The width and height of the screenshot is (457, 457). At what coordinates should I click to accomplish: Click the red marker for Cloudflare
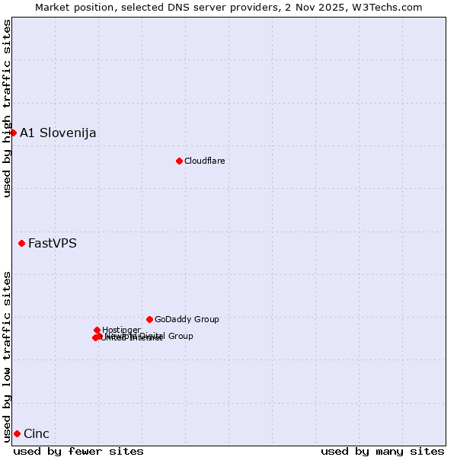tap(179, 161)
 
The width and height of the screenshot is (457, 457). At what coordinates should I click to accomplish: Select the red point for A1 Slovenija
tap(13, 133)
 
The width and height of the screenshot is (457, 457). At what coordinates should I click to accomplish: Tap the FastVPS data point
tap(21, 243)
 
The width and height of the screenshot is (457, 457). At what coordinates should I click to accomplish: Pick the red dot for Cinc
tap(17, 433)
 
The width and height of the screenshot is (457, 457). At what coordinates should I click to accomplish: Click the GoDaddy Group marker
tap(149, 319)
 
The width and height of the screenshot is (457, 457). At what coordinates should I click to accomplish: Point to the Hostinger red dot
tap(97, 330)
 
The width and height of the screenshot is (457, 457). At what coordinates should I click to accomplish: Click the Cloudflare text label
tap(204, 161)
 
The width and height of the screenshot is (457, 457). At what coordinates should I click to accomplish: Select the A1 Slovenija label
tap(58, 133)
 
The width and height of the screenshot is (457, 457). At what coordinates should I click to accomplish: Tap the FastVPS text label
tap(52, 244)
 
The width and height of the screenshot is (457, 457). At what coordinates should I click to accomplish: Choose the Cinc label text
tap(37, 434)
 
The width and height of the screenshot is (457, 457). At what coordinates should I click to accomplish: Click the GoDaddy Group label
tap(187, 320)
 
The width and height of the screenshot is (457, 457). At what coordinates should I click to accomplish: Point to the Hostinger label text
tap(121, 330)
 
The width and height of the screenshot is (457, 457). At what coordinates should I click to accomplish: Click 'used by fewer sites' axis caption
tap(78, 451)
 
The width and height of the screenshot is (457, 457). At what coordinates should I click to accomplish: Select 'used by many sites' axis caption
tap(382, 451)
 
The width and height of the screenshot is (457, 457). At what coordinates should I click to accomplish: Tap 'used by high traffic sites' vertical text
tap(7, 108)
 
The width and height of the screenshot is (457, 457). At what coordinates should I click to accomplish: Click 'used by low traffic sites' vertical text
tap(7, 356)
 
